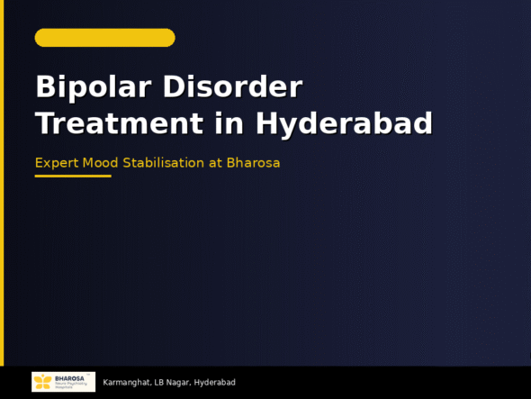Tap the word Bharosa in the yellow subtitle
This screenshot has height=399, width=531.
253,163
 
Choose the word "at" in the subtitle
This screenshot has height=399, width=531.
215,163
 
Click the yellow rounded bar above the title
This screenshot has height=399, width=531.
104,38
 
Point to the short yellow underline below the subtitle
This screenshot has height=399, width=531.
73,177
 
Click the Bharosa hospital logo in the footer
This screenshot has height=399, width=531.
63,382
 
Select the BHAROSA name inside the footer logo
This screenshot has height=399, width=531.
70,378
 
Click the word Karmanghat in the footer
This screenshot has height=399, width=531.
125,383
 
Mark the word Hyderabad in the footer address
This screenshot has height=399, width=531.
215,383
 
